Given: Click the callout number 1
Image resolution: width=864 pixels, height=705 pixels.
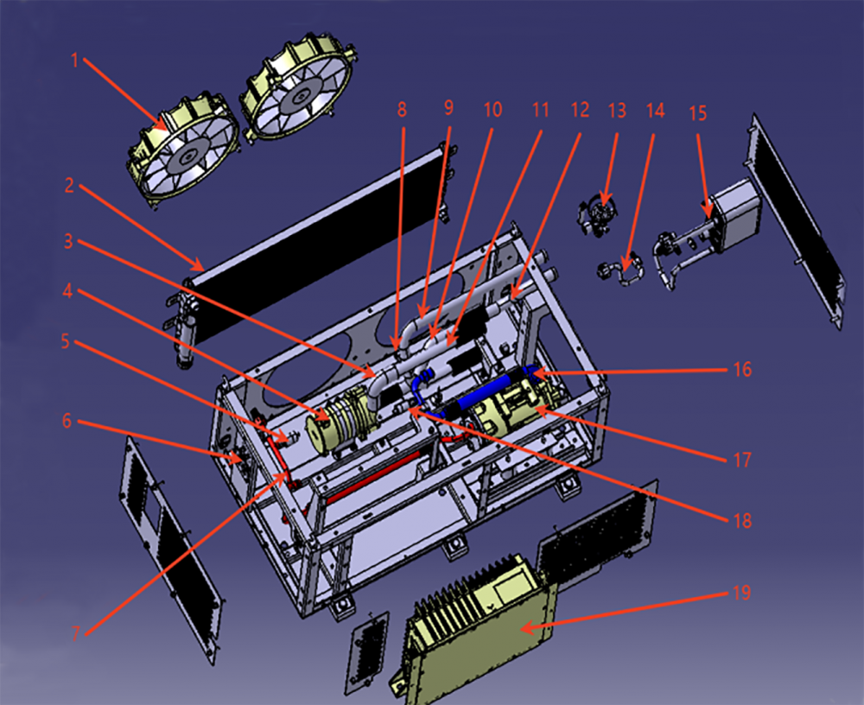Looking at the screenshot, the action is tap(74, 60).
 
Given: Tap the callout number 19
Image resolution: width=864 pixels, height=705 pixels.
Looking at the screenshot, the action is tap(741, 593).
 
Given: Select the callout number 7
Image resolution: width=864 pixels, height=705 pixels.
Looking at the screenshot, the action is tap(76, 633).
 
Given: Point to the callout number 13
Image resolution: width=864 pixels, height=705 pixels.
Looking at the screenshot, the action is tap(617, 111).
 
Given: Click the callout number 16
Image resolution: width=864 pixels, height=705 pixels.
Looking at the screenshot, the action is tap(742, 369).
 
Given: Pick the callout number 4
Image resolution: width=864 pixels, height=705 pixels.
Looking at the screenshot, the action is tap(67, 290).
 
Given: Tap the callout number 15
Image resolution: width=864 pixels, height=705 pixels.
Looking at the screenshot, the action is tap(697, 113).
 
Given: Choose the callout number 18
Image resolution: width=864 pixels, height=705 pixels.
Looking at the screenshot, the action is tap(742, 520).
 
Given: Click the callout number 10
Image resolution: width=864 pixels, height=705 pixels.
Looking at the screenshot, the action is tap(492, 109).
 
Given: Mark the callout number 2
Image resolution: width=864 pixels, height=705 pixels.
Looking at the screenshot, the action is tap(69, 185).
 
